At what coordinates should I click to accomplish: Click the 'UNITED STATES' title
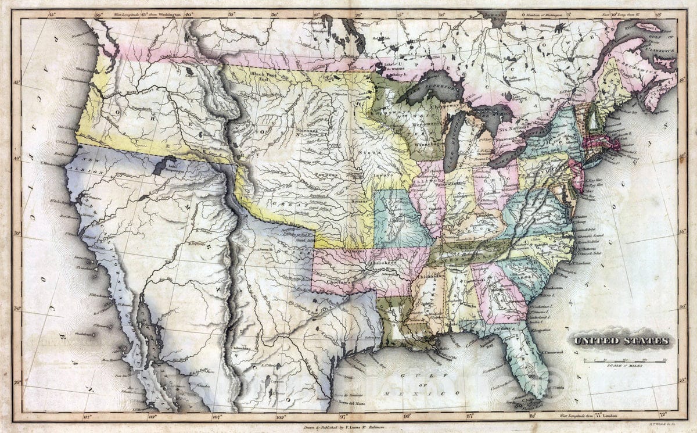pyautogui.click(x=622, y=341)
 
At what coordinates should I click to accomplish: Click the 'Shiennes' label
pyautogui.click(x=310, y=131)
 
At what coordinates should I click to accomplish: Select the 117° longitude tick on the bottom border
pyautogui.click(x=89, y=416)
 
